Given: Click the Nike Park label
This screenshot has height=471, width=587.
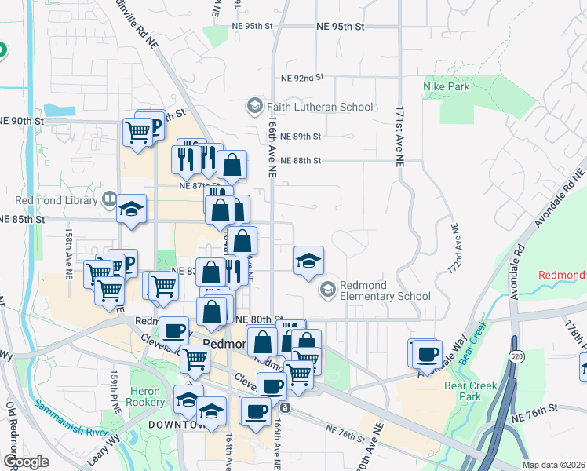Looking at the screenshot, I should (447, 86).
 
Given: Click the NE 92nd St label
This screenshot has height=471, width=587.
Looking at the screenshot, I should (302, 78).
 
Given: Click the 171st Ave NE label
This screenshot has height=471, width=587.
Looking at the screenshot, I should (399, 134).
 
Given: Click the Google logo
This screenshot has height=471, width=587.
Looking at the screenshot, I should (25, 462).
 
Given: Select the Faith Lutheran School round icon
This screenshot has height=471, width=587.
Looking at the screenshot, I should (254, 106).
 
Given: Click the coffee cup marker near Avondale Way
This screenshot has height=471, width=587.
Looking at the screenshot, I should (428, 353).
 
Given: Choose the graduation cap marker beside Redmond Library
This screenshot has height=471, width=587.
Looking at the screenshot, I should (132, 209).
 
